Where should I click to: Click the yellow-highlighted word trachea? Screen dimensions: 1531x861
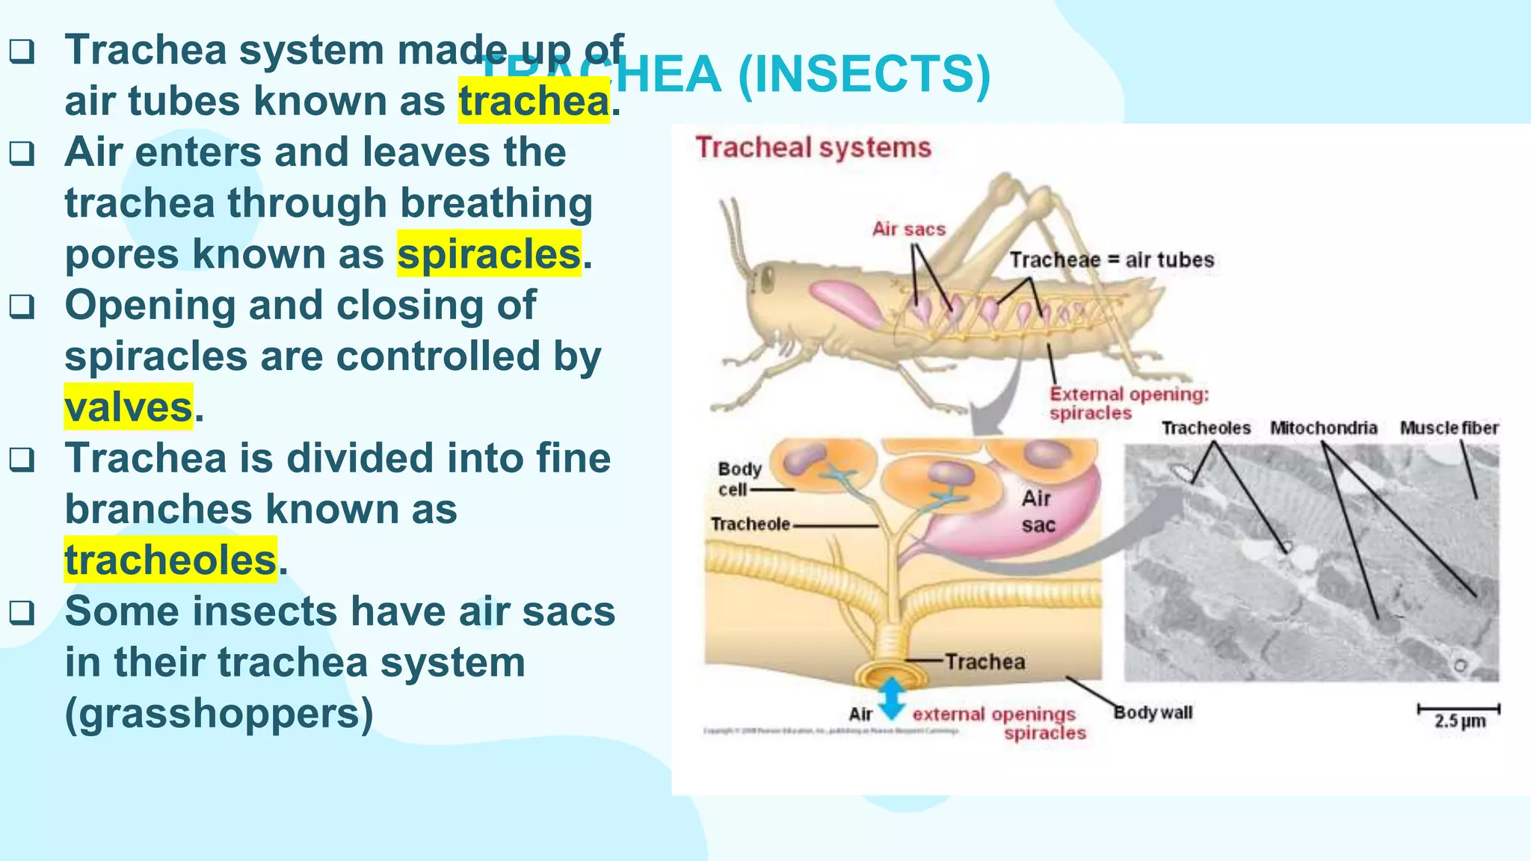[x=534, y=102]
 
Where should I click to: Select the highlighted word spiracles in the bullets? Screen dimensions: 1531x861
[x=489, y=254]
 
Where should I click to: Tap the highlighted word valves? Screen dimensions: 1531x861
[x=129, y=407]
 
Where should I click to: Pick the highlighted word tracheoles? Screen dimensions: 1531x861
[x=170, y=561]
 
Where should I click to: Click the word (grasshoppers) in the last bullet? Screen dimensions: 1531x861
[x=219, y=714]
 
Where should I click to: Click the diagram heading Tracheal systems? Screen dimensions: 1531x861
[x=813, y=147]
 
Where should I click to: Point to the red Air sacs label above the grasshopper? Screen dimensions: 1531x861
[x=908, y=229]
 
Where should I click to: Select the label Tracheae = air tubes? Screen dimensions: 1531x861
[x=1112, y=260]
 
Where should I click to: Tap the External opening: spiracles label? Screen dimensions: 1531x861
[x=1127, y=404]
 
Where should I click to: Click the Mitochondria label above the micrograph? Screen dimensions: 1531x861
[x=1323, y=428]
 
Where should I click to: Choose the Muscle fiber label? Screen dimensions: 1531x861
[x=1449, y=428]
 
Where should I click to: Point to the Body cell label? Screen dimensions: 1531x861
[x=739, y=479]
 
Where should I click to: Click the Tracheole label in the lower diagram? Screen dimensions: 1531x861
[x=750, y=525]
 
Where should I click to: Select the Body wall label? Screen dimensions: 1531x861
[x=1153, y=712]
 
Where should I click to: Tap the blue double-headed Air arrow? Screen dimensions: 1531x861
[x=891, y=699]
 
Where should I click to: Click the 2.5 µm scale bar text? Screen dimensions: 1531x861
[x=1459, y=721]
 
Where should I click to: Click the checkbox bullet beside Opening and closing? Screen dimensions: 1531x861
[x=22, y=306]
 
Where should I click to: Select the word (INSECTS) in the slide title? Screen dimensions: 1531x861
[x=864, y=75]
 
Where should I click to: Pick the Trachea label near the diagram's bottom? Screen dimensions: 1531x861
[x=985, y=661]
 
